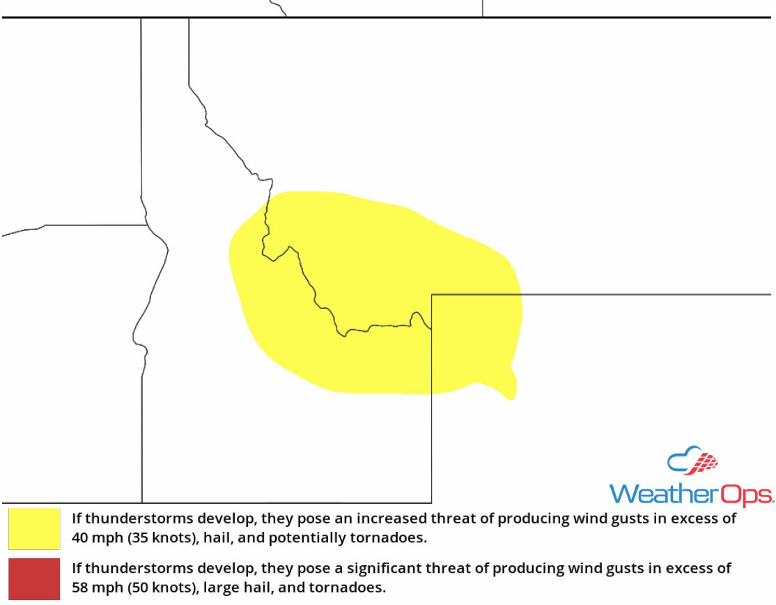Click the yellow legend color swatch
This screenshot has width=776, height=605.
[34, 528]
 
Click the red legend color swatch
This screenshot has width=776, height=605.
[34, 578]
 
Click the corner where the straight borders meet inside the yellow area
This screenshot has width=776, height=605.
[432, 295]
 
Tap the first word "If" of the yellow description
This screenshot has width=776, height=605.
[76, 519]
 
